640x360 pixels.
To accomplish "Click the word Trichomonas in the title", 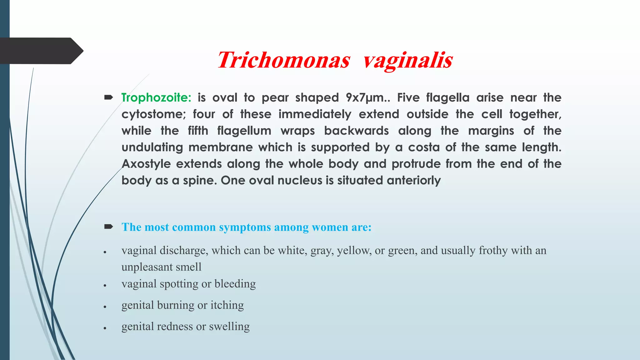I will pos(283,60).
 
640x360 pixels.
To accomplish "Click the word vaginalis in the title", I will pos(408,60).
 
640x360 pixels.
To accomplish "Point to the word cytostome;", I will pos(153,114).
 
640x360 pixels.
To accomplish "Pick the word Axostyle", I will pos(146,164).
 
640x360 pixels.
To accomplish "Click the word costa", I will pos(424,147).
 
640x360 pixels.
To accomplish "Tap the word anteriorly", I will pos(414,181).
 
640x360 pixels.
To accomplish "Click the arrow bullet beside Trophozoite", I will pos(108,98).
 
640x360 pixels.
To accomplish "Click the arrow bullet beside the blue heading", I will pos(108,227).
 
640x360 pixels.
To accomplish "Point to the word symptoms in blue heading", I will pos(245,227).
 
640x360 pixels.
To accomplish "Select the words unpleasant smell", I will pos(161,267).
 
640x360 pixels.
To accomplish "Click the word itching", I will pos(227,305).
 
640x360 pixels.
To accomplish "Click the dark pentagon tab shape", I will pos(41,51).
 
